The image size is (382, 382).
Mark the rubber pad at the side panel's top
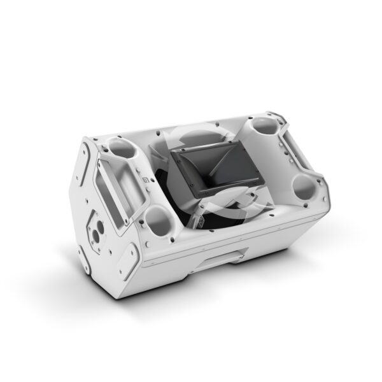(x=85, y=150)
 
